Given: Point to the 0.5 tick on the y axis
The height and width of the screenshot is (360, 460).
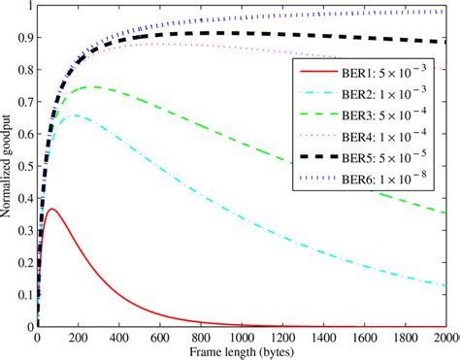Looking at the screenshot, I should (x=23, y=168).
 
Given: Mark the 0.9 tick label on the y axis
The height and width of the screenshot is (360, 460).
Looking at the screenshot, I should (x=23, y=38).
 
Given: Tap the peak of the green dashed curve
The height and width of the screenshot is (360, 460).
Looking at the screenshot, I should (x=93, y=86).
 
